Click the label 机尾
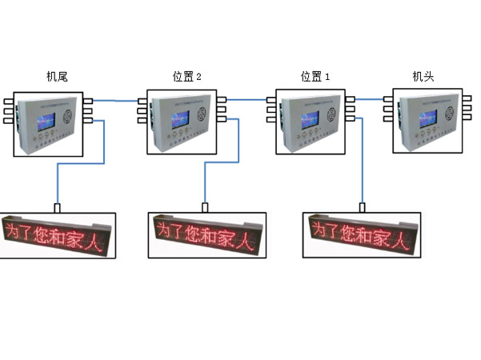tap(56, 77)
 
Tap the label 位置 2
tap(187, 77)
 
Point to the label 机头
tap(423, 77)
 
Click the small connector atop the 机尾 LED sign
tap(58, 208)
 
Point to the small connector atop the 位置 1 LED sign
tap(362, 208)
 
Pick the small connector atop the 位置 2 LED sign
tap(205, 208)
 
